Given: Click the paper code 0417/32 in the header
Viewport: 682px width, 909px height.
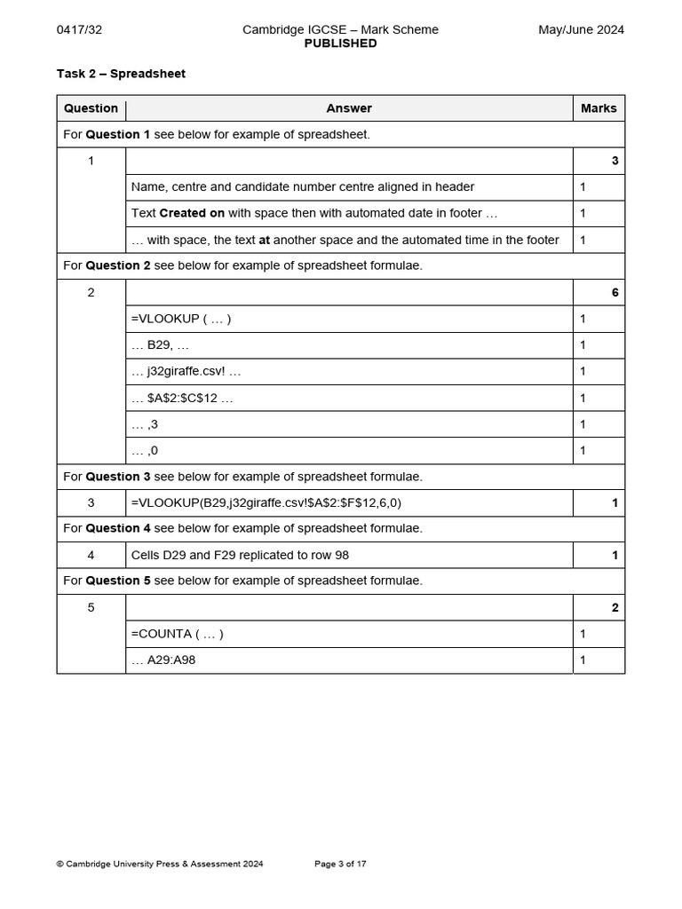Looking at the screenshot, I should coord(79,29).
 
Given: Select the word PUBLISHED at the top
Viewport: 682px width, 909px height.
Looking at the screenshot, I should coord(340,43).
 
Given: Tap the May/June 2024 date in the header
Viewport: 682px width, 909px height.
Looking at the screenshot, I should coord(581,29).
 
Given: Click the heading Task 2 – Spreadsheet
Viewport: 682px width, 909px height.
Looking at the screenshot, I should coord(121,74).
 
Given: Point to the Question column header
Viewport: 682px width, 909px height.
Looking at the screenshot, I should coord(91,108).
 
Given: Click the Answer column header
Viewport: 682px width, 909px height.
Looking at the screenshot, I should coord(349,108).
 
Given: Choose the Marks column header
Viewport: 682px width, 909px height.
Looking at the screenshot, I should coord(599,108).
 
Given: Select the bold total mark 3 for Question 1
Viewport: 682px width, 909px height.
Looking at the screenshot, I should coord(615,162).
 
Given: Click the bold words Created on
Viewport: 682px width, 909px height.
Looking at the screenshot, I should coord(192,213).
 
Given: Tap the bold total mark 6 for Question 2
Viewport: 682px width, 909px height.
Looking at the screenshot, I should coord(615,293).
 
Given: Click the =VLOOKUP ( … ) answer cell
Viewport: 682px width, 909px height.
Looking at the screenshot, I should coord(181,319).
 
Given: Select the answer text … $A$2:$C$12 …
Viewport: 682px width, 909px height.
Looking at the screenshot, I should coord(182,398).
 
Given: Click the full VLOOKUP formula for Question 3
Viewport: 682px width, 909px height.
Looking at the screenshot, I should coord(266,502).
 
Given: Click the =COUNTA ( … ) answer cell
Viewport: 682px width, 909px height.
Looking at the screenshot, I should coord(178,634).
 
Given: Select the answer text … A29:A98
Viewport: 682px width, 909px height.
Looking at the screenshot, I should coord(170,660).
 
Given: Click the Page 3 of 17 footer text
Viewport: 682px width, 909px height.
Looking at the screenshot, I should coord(340,864).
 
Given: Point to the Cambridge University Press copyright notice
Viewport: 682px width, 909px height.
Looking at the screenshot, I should coord(160,864).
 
